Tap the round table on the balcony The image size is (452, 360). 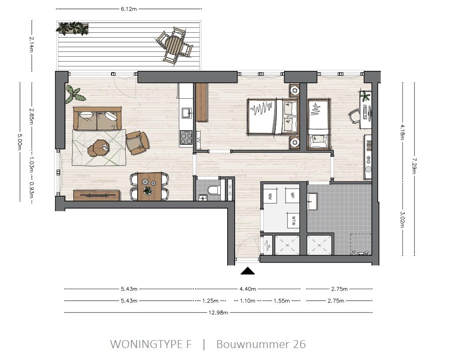(174, 44)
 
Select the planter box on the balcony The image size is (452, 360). (72, 29)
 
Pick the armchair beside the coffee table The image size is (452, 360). (137, 143)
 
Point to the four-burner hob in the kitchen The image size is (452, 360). (186, 138)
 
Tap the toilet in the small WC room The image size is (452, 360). (214, 190)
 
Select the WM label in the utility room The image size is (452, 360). (269, 195)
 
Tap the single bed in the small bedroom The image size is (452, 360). (318, 122)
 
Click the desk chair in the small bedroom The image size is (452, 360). (355, 116)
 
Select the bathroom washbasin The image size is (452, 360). (313, 201)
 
